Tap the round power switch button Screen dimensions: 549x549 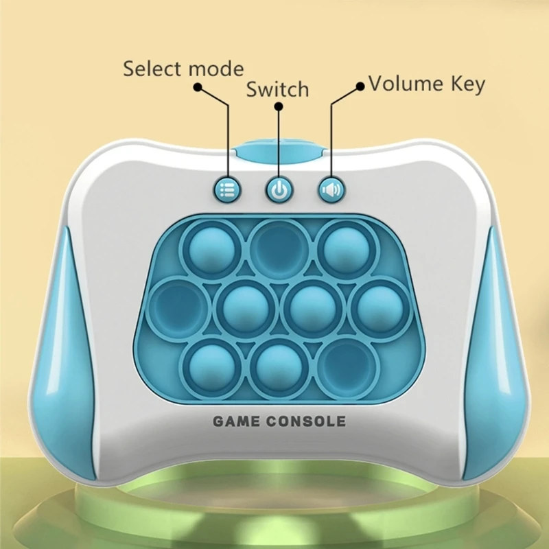[278, 190]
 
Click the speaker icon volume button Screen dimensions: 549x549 [331, 189]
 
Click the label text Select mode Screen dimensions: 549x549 [183, 69]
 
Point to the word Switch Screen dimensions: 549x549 [277, 89]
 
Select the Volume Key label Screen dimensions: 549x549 [427, 84]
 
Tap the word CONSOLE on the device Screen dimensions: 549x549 [308, 421]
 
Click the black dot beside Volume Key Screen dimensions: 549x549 [360, 86]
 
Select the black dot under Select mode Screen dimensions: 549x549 [198, 88]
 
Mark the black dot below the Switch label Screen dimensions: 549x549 [278, 107]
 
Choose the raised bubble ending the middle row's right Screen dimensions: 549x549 [377, 305]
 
